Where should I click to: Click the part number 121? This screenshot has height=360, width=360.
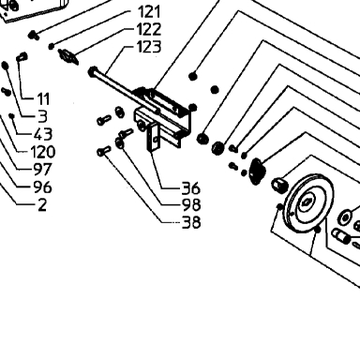coord(149,12)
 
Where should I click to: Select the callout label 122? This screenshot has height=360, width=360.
coord(149,29)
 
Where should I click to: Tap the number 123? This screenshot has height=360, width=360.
coord(149,47)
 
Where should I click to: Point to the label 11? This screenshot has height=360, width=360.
coord(43,99)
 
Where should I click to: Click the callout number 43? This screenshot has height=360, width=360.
coord(43,134)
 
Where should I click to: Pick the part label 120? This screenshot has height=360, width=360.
coord(43,152)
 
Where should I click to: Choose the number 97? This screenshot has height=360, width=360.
coord(43,170)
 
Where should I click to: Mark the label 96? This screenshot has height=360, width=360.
coord(43,187)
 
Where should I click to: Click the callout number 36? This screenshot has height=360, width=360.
coord(190,188)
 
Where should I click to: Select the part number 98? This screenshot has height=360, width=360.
coord(191,205)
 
